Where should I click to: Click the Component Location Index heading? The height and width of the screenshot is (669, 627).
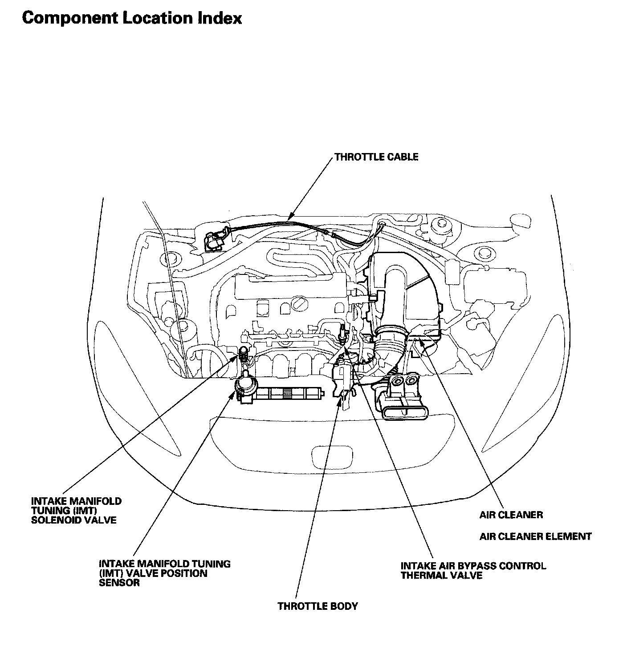coord(132,18)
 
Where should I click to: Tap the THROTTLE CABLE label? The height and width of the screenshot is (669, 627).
coord(376,157)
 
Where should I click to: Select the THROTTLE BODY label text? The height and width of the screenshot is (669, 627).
coord(318,606)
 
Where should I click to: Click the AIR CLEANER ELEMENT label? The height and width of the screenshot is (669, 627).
coord(535,536)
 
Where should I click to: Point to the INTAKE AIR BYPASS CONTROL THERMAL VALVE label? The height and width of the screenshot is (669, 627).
coord(473,571)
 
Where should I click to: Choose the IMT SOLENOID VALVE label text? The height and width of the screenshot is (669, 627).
coord(76,510)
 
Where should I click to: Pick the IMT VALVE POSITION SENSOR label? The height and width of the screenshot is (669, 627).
coord(165,573)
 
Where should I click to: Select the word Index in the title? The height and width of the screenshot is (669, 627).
coord(219,18)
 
